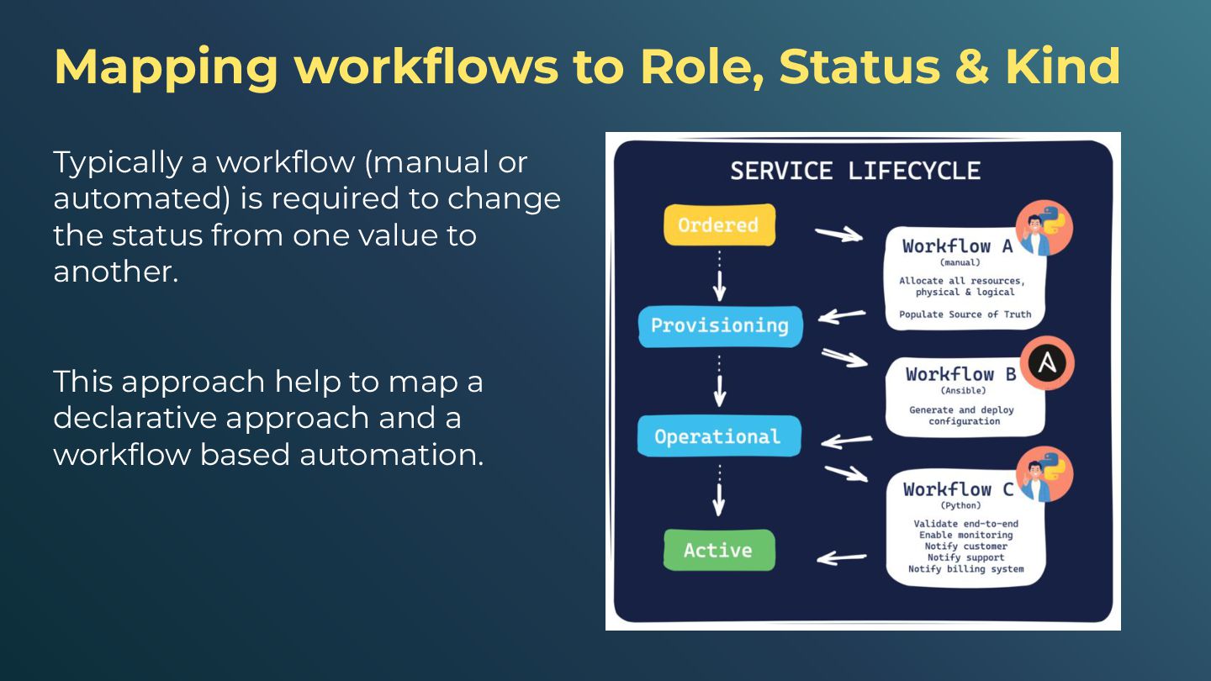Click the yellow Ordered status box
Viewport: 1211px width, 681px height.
(719, 225)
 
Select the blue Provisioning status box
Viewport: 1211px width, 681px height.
(720, 325)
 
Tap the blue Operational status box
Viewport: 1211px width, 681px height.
(718, 436)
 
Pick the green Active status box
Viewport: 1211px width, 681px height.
(718, 551)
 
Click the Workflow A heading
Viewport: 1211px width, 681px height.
(958, 246)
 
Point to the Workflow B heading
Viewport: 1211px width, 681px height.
(960, 374)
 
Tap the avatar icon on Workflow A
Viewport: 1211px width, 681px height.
(1044, 228)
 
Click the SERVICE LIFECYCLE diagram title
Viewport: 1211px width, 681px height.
(855, 172)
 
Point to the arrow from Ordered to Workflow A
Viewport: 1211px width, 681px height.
(838, 235)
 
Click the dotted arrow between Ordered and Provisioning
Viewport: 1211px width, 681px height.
(719, 276)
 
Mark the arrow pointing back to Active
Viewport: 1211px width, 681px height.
(842, 557)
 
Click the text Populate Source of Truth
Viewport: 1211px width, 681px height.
(965, 314)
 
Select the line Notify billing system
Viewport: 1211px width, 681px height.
(965, 569)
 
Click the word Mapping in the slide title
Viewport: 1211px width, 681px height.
(166, 67)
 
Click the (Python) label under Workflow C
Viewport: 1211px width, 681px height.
(960, 506)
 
